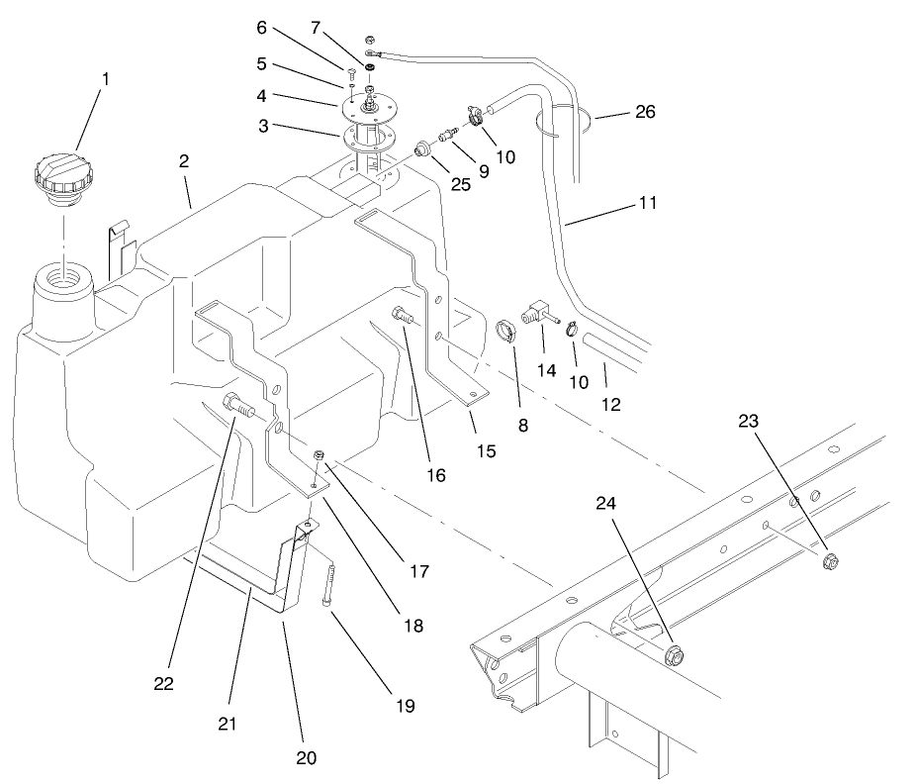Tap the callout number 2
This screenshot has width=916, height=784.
pos(185,160)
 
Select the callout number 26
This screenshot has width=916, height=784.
pos(645,112)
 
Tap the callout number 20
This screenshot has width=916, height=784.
pos(306,757)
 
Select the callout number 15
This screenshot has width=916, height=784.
pos(487,452)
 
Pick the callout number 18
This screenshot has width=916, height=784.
pos(412,626)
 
